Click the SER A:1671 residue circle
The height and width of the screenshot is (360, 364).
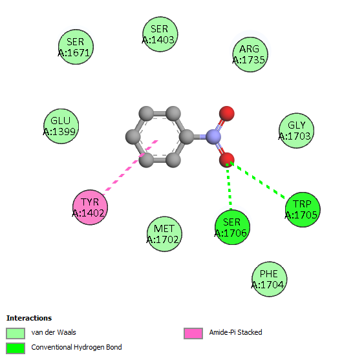pos(76,47)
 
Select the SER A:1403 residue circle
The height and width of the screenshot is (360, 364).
pos(160,34)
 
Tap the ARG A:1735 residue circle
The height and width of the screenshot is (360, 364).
pos(250,54)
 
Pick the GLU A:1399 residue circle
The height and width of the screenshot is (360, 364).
pos(61,126)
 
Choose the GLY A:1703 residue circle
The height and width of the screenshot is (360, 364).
pos(297,131)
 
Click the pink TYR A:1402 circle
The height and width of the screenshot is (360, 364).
pos(90,207)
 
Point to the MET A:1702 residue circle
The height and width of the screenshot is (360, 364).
pos(164,234)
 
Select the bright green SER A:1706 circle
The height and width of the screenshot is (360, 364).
pos(232,227)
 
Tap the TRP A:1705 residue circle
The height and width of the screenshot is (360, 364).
pos(303,209)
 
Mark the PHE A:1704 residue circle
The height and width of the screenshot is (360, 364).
pos(270,279)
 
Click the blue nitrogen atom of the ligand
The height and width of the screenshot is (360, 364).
pos(213,137)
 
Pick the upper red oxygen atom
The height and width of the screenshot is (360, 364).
pos(227,114)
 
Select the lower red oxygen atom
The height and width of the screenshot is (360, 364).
pos(227,160)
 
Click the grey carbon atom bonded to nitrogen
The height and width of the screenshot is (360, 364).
pos(187,137)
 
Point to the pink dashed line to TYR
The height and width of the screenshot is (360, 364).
pos(131,167)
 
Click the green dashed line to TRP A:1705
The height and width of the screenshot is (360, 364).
pos(257,180)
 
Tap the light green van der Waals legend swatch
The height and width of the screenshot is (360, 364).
pos(16,334)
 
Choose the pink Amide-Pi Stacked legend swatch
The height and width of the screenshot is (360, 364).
pos(193,334)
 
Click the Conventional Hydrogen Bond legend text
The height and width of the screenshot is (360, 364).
pos(76,347)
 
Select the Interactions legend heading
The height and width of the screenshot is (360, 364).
pos(29,318)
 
